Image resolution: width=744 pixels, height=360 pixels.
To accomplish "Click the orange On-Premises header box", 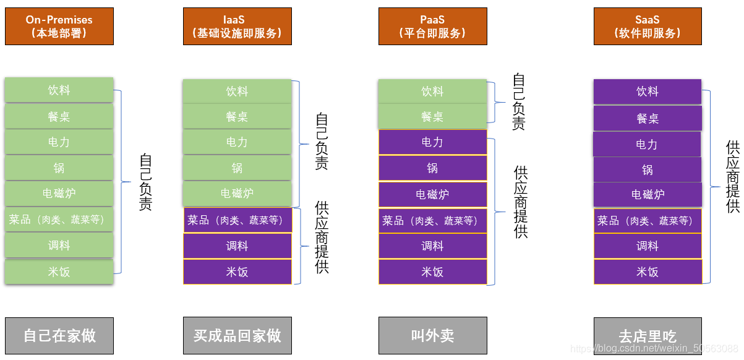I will coord(59,26).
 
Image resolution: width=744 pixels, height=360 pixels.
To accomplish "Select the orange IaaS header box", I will coord(237,26).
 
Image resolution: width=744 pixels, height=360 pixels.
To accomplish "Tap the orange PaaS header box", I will coord(432,26).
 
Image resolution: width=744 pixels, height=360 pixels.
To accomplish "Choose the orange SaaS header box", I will coord(648,26).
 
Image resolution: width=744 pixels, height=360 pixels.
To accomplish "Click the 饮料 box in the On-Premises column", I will coord(59,90).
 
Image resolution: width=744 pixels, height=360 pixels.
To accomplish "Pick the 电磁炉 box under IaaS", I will coord(237,194).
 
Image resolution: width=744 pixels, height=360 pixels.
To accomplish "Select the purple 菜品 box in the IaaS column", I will coord(237,220).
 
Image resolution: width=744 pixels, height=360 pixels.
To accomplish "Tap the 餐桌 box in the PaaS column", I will coord(432,116).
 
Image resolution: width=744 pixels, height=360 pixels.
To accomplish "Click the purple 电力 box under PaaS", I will coord(432,142).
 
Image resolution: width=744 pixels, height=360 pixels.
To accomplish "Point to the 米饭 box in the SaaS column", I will coord(648,272).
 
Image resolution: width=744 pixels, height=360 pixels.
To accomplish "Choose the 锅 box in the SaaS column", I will coord(648,169).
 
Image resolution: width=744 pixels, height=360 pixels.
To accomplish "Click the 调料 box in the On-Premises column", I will coord(59,246).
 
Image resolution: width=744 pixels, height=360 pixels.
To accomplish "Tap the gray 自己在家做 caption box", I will coord(59,336).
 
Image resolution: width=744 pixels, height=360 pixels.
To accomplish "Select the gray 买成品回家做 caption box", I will coord(237,336).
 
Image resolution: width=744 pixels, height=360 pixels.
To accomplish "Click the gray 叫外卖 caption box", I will coord(432,336).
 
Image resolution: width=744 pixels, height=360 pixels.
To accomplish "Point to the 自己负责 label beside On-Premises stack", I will coord(145,182).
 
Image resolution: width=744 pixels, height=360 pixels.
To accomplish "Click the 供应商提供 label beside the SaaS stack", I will coord(733,176).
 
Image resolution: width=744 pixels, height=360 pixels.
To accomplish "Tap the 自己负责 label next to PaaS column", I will coord(519,102).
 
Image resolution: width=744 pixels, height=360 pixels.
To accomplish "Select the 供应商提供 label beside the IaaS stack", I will coord(322,237).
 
